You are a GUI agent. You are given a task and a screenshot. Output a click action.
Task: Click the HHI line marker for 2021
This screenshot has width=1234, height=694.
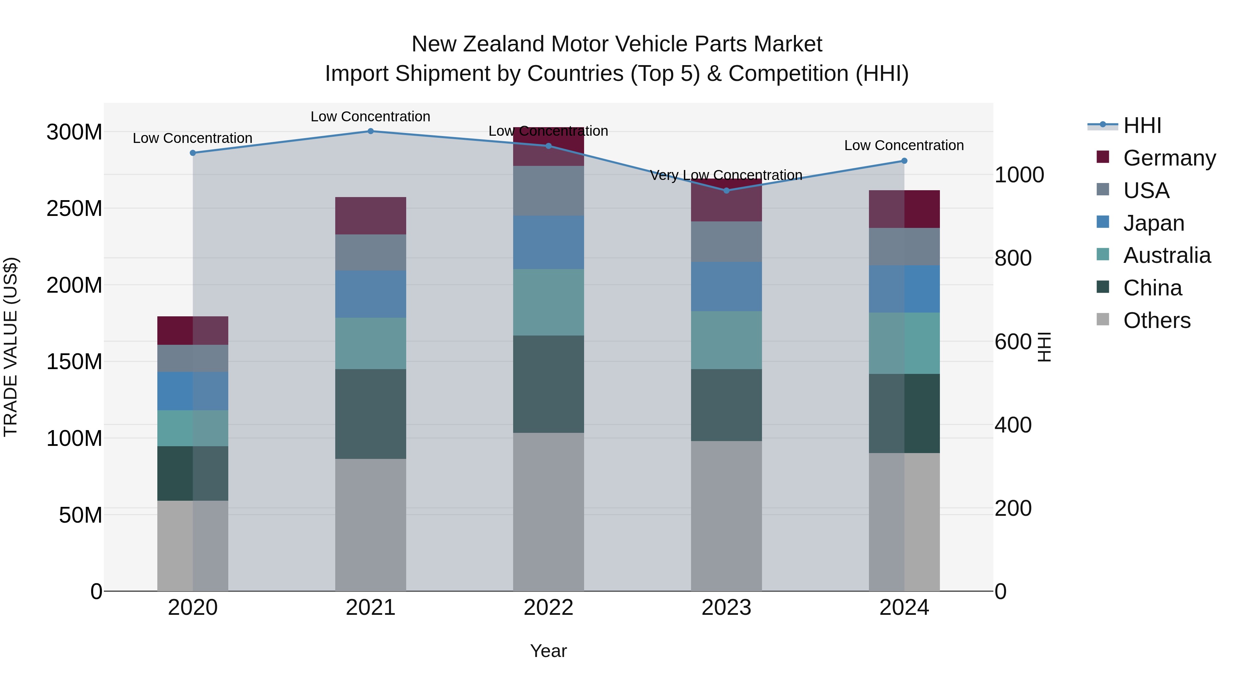[x=370, y=131]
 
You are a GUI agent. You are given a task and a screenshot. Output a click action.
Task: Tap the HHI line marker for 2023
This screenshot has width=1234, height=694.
[x=726, y=191]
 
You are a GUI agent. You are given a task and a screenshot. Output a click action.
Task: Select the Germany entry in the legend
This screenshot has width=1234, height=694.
[x=1169, y=158]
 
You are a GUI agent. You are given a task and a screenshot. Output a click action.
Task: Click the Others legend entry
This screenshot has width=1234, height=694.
[x=1157, y=320]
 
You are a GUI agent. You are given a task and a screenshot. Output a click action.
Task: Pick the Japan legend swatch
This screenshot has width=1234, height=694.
[x=1102, y=222]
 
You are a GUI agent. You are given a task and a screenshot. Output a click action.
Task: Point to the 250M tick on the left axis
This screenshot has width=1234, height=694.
[x=74, y=209]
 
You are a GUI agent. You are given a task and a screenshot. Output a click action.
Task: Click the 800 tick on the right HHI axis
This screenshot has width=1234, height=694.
[x=1013, y=258]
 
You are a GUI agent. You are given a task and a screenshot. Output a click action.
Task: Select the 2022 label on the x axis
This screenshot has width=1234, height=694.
[x=548, y=608]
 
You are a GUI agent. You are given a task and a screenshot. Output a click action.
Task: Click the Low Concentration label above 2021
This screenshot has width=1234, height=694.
[x=370, y=117]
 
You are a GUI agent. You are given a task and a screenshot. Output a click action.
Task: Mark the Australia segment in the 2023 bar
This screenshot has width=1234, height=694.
[x=726, y=340]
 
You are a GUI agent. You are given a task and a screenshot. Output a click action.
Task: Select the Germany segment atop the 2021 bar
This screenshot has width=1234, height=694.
[x=370, y=216]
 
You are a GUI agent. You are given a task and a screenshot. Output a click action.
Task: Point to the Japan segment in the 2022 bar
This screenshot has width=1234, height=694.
[x=548, y=242]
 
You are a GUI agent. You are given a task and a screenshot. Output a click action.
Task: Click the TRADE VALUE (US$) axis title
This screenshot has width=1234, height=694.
[x=11, y=347]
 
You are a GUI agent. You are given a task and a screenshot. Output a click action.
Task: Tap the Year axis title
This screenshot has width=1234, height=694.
[x=548, y=651]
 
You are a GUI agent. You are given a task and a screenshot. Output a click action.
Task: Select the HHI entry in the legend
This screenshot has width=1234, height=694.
[x=1141, y=125]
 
